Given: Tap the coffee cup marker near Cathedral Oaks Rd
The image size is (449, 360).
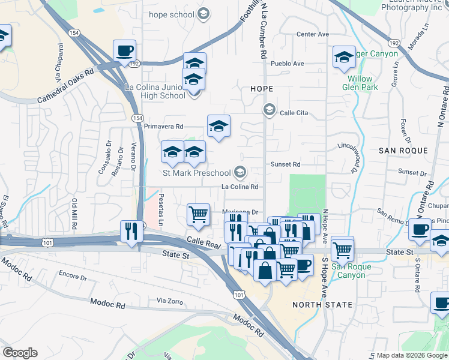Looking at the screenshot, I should pos(124,52).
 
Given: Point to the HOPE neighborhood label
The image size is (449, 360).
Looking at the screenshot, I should pos(261,89).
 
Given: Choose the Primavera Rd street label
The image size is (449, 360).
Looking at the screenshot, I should pos(163,127).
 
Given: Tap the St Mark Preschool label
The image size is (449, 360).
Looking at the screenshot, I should pos(197,173).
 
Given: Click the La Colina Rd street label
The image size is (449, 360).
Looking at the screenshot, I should pos(240,187).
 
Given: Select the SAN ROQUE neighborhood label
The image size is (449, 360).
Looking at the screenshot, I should pos(403,150).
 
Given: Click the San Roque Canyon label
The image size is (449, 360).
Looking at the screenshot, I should pos(348,271).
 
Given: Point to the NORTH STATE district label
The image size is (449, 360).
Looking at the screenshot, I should pos(322,305).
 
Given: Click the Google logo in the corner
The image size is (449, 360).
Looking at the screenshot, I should pos(20,353).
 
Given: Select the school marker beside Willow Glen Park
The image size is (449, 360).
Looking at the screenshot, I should pos(343,57).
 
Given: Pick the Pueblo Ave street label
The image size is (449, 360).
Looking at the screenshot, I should pos(288,64).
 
